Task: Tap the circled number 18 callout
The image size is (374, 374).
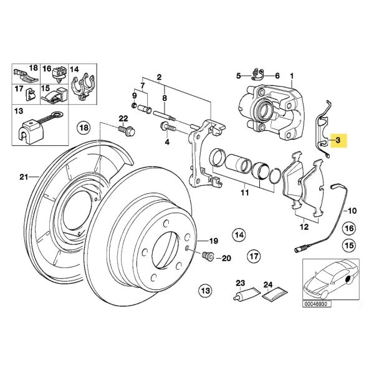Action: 84,129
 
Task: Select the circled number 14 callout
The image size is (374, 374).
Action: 239,234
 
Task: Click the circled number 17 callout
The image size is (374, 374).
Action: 253,256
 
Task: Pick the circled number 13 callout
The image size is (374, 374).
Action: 204,290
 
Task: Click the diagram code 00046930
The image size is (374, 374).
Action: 317,304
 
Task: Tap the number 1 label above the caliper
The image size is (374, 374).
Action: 291,77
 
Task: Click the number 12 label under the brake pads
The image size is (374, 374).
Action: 304,227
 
